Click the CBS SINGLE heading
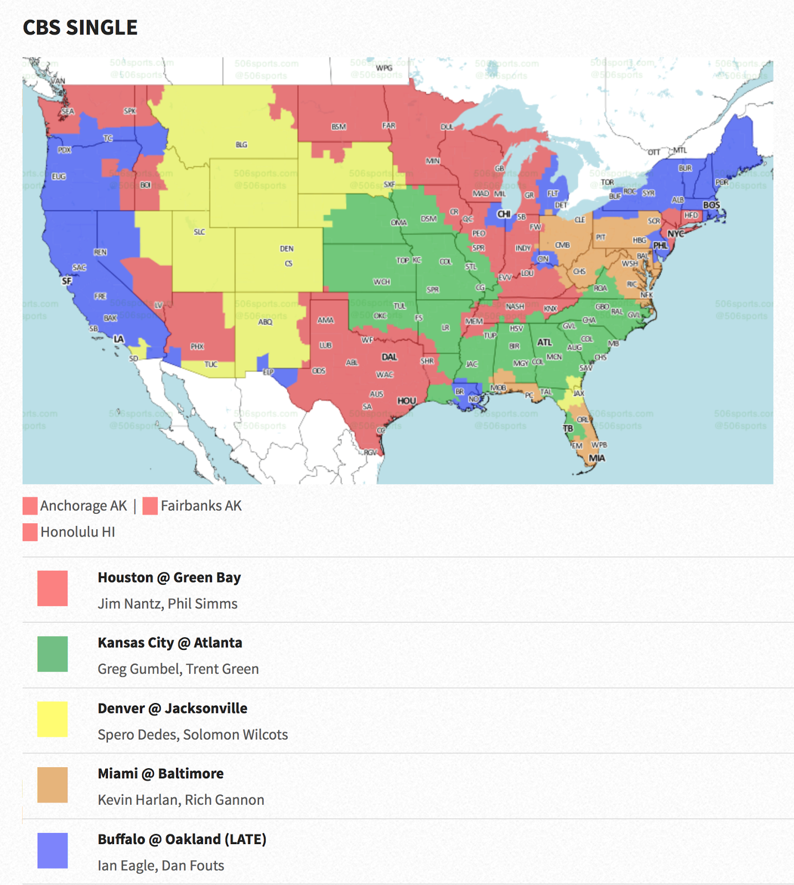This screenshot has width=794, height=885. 80,28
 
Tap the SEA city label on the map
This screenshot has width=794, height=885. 68,111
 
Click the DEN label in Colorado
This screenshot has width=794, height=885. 287,248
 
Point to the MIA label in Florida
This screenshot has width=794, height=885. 596,458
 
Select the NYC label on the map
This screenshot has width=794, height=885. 676,234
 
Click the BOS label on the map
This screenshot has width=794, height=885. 712,205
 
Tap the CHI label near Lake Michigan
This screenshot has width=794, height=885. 504,214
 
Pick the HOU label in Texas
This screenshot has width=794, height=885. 407,401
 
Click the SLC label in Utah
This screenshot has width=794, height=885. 199,232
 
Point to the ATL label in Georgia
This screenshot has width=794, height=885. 544,342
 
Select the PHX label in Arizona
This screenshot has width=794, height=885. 197,346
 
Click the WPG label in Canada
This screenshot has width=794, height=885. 384,68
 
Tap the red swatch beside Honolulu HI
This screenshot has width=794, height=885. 30,532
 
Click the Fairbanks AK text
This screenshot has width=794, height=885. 201,506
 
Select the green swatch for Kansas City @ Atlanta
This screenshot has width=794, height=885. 53,654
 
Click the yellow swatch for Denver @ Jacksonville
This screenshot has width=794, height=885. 53,719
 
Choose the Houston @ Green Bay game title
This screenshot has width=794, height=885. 169,577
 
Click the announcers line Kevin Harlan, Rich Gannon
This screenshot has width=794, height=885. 181,800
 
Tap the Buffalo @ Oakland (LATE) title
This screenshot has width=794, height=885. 182,839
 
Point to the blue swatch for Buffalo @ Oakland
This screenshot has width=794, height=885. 53,850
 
